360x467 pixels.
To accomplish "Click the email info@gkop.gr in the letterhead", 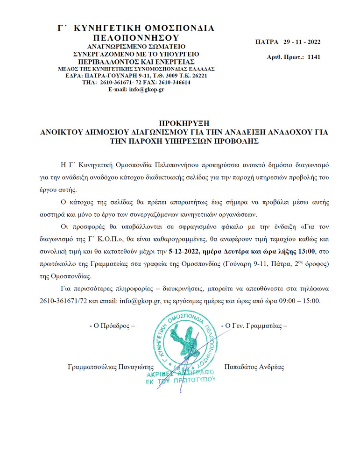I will coord(147,89).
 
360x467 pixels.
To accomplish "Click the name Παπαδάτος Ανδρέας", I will coord(254,367).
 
